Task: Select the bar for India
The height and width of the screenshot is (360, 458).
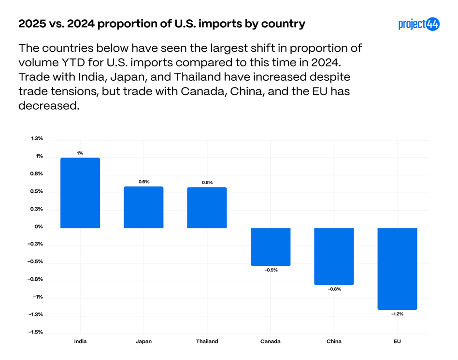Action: [x=80, y=193]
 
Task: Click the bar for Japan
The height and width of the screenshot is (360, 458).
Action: [x=143, y=207]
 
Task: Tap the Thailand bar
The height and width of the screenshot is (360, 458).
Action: [x=207, y=207]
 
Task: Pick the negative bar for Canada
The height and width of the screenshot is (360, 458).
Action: [x=271, y=246]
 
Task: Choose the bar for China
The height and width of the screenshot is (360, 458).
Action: [x=334, y=256]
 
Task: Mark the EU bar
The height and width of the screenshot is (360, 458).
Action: [x=397, y=269]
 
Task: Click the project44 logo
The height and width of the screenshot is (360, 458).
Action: [x=419, y=24]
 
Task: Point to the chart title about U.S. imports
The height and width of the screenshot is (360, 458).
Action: [x=161, y=24]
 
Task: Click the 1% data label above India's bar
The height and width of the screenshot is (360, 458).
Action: [x=80, y=153]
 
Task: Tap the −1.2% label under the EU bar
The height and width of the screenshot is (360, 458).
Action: [x=397, y=314]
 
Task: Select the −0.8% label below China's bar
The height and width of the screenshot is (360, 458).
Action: [x=334, y=289]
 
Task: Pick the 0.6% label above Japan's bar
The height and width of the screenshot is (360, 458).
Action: [x=143, y=182]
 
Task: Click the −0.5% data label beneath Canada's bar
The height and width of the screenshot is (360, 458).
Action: [x=271, y=270]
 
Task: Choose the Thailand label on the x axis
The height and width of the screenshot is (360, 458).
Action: [x=207, y=341]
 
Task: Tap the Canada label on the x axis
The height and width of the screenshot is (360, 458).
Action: [x=271, y=341]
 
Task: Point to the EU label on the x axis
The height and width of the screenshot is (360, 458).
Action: [x=397, y=341]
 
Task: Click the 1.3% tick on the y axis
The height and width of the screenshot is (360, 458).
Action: [x=37, y=139]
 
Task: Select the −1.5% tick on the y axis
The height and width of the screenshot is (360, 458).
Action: [x=36, y=332]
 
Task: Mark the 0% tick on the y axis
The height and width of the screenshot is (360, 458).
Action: [x=38, y=227]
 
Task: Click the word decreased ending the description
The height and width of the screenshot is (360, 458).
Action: [x=48, y=106]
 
